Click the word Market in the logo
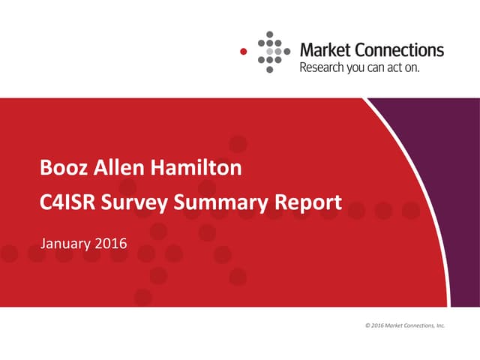click(323, 50)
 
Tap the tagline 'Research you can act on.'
click(359, 67)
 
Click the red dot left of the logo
click(242, 51)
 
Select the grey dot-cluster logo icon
click(273, 51)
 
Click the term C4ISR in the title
click(68, 202)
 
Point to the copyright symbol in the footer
click(367, 325)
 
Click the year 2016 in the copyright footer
click(377, 325)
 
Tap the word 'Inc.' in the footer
click(440, 325)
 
